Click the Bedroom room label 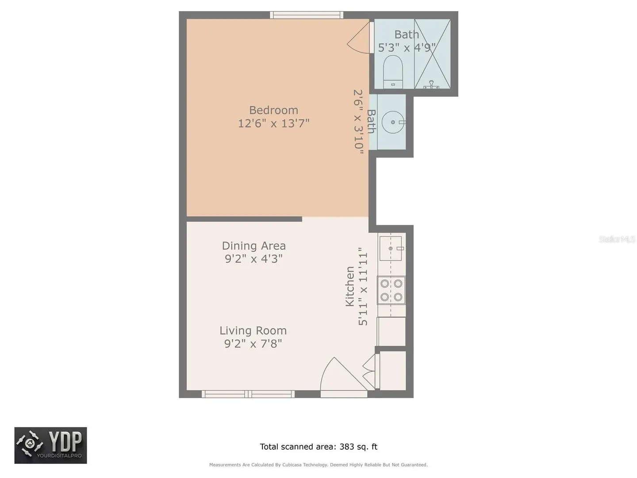click(x=273, y=110)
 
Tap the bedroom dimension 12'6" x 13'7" click(x=273, y=123)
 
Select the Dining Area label click(x=253, y=246)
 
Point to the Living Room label click(x=253, y=331)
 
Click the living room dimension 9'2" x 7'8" click(x=253, y=343)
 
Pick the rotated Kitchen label click(x=350, y=286)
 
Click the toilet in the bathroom click(x=393, y=72)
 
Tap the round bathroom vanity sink click(x=393, y=122)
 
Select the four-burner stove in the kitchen click(x=391, y=290)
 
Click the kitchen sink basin click(x=391, y=248)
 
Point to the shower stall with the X click(x=432, y=54)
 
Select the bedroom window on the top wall click(x=307, y=15)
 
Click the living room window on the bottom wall click(x=248, y=394)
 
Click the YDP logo click(x=50, y=445)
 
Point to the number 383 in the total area click(x=347, y=447)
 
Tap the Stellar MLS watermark click(x=617, y=239)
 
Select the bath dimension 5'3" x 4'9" click(x=407, y=47)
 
